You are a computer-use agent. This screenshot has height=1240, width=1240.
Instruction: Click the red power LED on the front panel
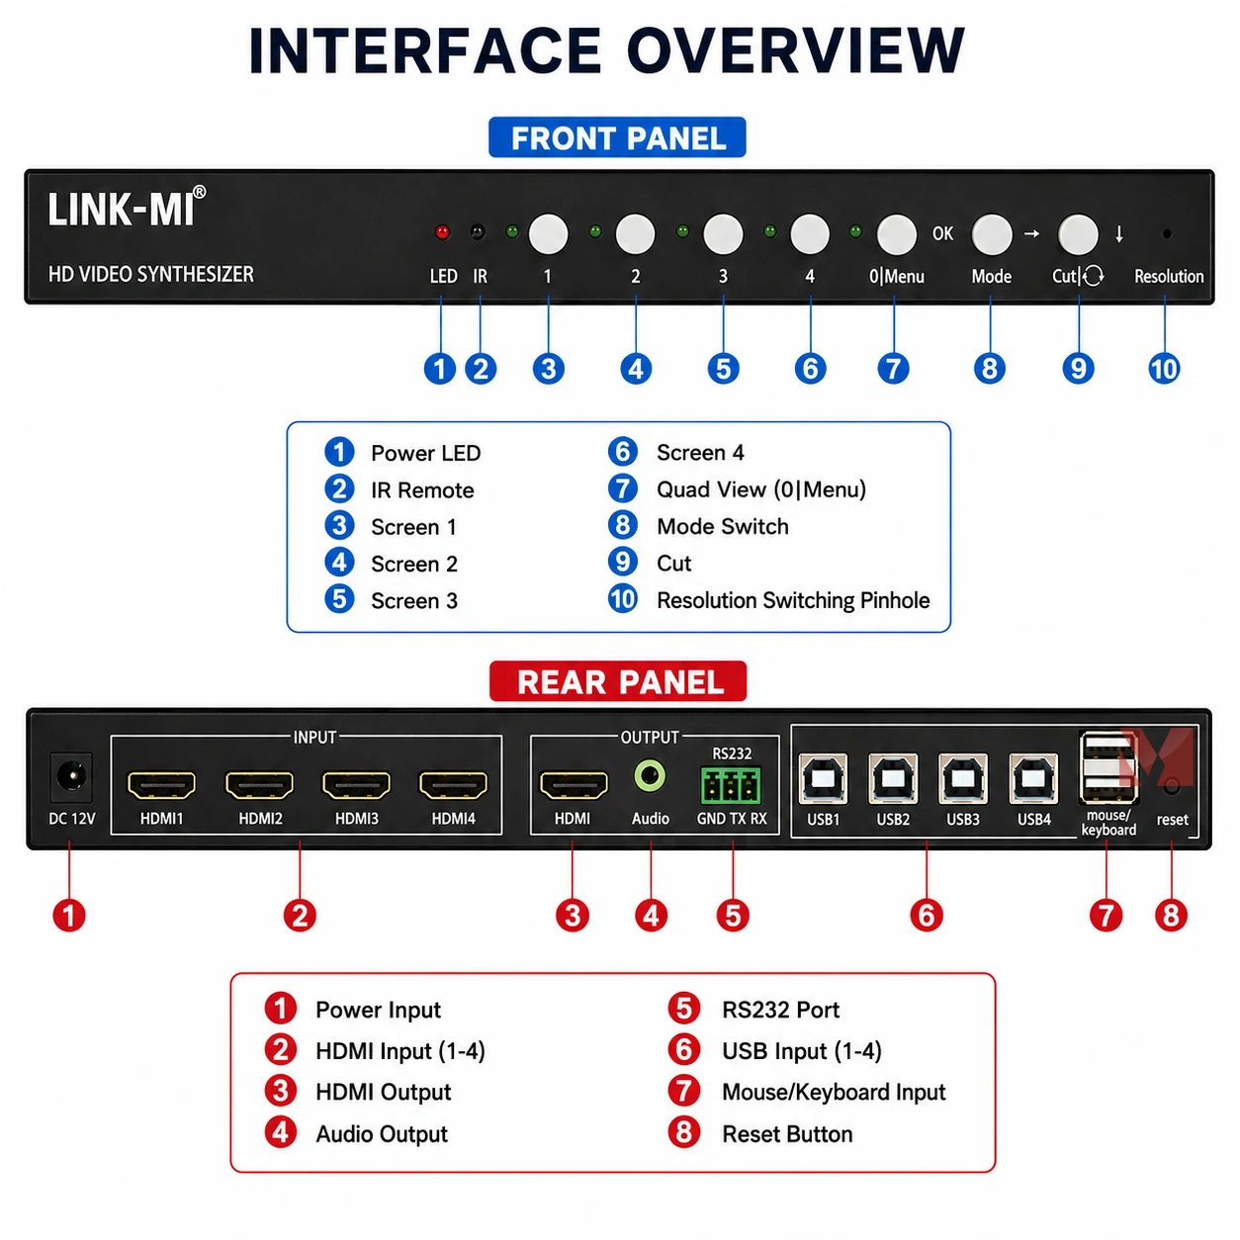click(441, 231)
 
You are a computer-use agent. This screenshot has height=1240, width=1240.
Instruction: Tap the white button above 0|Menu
click(896, 234)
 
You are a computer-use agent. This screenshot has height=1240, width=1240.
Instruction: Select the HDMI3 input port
click(356, 785)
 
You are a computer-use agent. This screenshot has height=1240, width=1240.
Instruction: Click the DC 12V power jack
click(71, 776)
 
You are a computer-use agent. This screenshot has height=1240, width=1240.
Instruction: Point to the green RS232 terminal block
click(731, 784)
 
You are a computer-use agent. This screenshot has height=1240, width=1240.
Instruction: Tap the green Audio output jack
click(650, 776)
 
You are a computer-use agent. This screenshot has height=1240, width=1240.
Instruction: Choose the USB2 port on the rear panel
click(893, 779)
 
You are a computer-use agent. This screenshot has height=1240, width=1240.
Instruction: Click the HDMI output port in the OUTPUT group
click(573, 785)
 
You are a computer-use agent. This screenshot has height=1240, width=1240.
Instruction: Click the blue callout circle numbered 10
click(1164, 369)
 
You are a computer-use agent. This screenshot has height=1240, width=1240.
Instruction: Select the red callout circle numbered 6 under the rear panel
click(926, 915)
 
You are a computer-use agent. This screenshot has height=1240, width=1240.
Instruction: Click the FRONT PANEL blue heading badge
click(617, 137)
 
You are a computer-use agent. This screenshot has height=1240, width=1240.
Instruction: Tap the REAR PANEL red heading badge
click(618, 681)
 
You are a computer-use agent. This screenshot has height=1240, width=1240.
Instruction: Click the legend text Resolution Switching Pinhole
click(793, 600)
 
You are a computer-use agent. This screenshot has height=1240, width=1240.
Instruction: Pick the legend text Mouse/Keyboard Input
click(834, 1092)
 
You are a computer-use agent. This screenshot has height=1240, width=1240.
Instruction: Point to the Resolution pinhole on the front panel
click(1167, 234)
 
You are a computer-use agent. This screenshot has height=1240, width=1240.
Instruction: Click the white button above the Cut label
click(1078, 234)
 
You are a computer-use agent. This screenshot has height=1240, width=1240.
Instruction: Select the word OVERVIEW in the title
click(795, 50)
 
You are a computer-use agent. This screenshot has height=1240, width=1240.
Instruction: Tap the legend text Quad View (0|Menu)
click(761, 489)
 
